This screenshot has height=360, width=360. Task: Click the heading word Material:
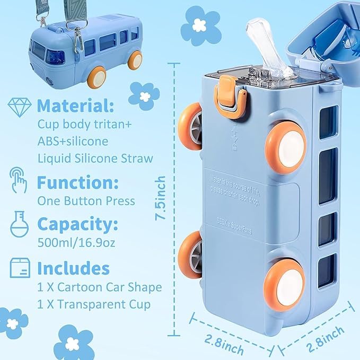(x=75, y=106)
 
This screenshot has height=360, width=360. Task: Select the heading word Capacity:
(x=77, y=225)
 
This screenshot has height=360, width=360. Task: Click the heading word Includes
(x=73, y=268)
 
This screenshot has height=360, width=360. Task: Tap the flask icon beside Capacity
(x=19, y=225)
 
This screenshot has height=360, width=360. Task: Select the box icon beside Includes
(x=20, y=267)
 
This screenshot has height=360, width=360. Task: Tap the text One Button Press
(x=86, y=201)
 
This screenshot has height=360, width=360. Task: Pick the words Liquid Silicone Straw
(x=95, y=158)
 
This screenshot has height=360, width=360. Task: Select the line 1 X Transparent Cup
(x=93, y=304)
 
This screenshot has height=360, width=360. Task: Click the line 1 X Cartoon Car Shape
(x=99, y=287)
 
